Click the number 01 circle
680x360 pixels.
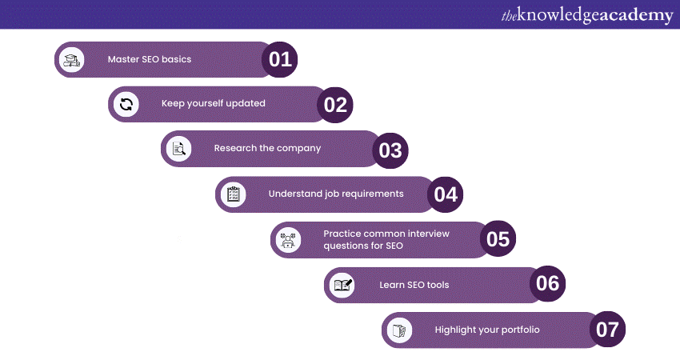(x=280, y=60)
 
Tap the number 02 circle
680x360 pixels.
(x=334, y=105)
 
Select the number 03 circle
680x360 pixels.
(x=390, y=150)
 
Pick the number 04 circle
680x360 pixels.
(x=445, y=194)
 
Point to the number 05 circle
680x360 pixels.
(x=498, y=239)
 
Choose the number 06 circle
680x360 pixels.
(x=548, y=284)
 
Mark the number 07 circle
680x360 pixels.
(x=607, y=330)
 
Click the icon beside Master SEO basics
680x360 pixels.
(x=72, y=59)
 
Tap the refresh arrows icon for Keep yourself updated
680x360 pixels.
(x=126, y=104)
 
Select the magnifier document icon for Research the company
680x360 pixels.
(x=179, y=149)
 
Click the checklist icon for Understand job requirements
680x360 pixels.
(x=234, y=194)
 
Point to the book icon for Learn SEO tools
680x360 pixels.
(x=343, y=285)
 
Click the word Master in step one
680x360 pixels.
(x=123, y=59)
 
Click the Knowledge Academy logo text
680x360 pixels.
(x=587, y=14)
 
